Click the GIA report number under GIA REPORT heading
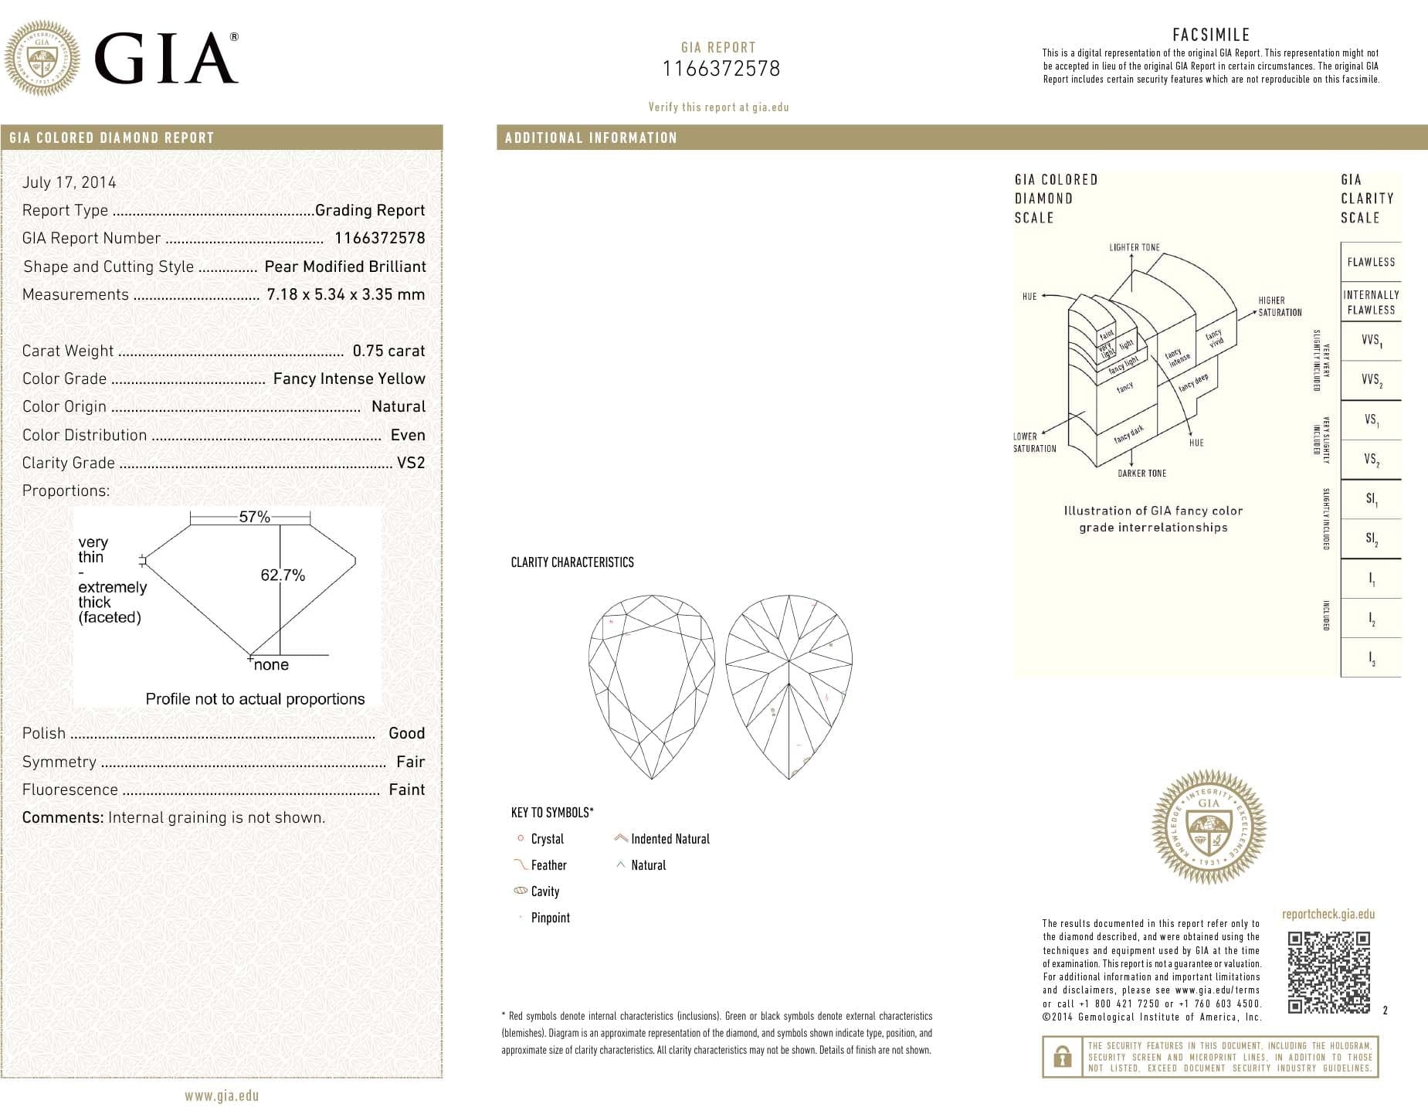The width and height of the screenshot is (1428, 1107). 721,69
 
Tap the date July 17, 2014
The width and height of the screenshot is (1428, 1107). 70,182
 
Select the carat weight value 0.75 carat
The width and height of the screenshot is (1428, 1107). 388,351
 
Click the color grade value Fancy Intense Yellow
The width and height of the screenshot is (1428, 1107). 349,379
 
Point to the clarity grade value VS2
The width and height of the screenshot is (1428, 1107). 411,463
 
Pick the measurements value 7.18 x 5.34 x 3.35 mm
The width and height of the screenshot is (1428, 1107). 345,294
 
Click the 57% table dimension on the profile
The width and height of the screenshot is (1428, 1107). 254,517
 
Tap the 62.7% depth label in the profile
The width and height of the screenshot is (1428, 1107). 283,575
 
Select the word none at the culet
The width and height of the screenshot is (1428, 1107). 271,664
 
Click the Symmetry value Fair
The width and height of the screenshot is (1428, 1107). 410,762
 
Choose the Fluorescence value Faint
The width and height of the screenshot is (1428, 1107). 407,790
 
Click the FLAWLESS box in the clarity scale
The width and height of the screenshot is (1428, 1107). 1371,262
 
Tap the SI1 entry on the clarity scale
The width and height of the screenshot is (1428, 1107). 1371,499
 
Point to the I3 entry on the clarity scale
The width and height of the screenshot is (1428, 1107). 1371,658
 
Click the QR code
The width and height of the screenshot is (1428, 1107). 1328,972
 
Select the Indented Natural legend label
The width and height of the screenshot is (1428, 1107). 670,839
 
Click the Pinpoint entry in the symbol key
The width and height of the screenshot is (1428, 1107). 550,918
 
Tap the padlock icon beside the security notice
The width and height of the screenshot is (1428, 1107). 1062,1057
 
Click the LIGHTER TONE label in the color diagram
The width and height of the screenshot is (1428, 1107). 1135,247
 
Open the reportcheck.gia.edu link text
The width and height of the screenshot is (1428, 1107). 1328,914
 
